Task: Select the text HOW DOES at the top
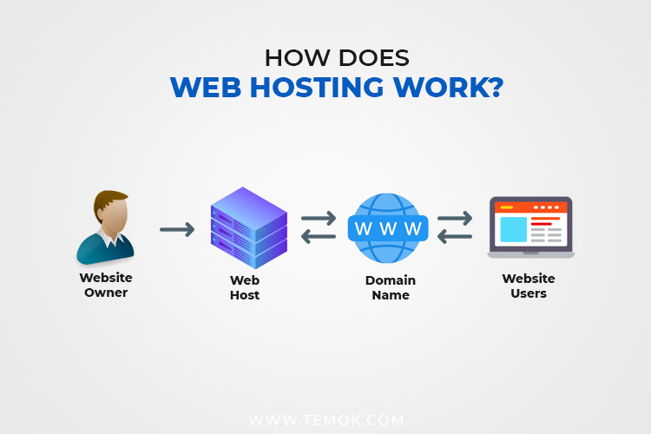pyautogui.click(x=325, y=57)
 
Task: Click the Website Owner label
pyautogui.click(x=105, y=286)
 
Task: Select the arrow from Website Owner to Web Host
pyautogui.click(x=177, y=230)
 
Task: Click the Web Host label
pyautogui.click(x=245, y=287)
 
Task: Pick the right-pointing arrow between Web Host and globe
pyautogui.click(x=318, y=219)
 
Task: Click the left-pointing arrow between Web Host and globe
pyautogui.click(x=318, y=237)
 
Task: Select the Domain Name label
pyautogui.click(x=390, y=287)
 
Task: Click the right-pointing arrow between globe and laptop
pyautogui.click(x=454, y=219)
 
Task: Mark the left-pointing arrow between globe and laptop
pyautogui.click(x=454, y=237)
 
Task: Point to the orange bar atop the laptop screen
pyautogui.click(x=529, y=207)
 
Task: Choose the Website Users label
pyautogui.click(x=528, y=286)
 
